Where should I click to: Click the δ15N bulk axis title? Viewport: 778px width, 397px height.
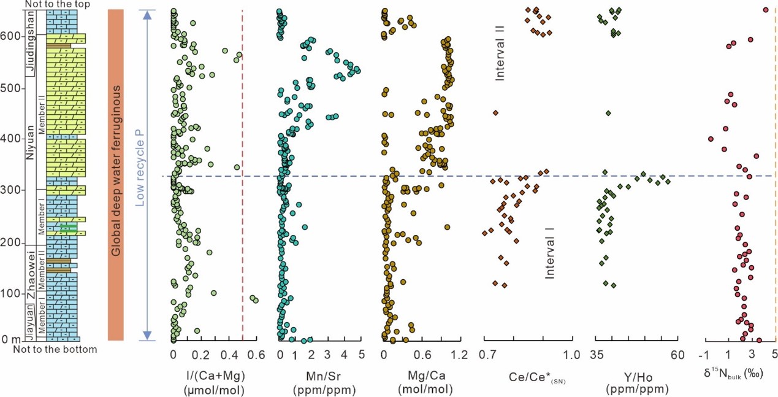tap(734, 374)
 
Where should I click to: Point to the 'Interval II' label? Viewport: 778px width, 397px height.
tap(500, 60)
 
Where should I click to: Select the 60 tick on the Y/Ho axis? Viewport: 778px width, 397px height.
tap(677, 355)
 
